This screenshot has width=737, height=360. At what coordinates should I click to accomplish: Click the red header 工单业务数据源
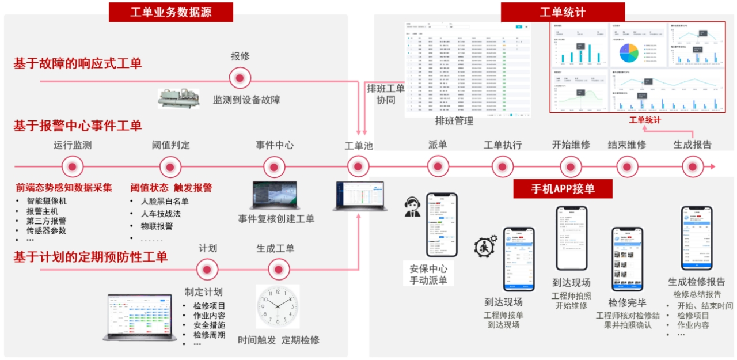pos(170,12)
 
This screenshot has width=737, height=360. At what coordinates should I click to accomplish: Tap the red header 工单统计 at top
pos(562,12)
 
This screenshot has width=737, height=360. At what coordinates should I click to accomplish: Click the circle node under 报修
pos(240,78)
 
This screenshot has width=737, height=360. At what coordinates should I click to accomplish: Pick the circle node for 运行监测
pos(73,167)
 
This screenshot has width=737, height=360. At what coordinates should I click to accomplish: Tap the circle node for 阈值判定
pos(170,167)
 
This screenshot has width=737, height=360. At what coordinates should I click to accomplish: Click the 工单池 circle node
pos(358,167)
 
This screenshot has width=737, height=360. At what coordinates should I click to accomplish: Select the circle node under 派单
pos(438,167)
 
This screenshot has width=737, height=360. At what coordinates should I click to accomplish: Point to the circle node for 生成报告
pos(693,167)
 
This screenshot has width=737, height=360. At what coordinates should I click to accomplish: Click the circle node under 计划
pos(207,269)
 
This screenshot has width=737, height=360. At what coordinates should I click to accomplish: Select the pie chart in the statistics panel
pos(629,52)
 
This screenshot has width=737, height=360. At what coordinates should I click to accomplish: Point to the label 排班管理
pos(454,121)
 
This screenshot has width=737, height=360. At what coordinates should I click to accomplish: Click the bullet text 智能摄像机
pos(47,201)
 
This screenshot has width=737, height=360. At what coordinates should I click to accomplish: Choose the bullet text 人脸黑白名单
pos(165,201)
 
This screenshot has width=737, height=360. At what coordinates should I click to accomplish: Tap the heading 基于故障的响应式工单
pos(78,63)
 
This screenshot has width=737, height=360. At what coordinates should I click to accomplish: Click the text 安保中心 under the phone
pos(428,268)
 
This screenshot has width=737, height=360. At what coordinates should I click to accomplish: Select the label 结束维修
pos(627,145)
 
